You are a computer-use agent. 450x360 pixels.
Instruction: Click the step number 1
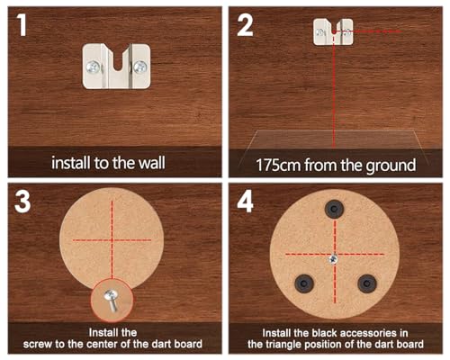coord(22,25)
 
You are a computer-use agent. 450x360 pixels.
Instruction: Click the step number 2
coord(245,25)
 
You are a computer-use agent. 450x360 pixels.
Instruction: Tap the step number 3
coord(22,202)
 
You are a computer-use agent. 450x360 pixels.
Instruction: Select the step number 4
coord(246,202)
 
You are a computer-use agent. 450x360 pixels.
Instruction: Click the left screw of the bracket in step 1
coord(94,67)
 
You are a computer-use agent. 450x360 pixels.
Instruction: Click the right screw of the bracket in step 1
coord(140,67)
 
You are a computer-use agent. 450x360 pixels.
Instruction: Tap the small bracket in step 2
coord(333,31)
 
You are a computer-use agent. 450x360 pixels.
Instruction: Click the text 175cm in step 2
coord(278,166)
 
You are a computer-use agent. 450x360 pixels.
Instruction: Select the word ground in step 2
coord(391,166)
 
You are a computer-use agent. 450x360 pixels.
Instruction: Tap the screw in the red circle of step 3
coord(111,299)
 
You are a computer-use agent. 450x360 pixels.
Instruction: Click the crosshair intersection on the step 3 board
coord(112,240)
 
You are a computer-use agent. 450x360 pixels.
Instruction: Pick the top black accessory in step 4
coord(335,209)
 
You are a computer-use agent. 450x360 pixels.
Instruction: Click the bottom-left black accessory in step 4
coord(304,283)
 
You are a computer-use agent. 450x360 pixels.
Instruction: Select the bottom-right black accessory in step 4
coord(366,283)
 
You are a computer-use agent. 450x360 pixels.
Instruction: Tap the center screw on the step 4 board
coord(333,259)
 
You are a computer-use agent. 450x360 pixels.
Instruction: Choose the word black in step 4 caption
coord(325,333)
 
